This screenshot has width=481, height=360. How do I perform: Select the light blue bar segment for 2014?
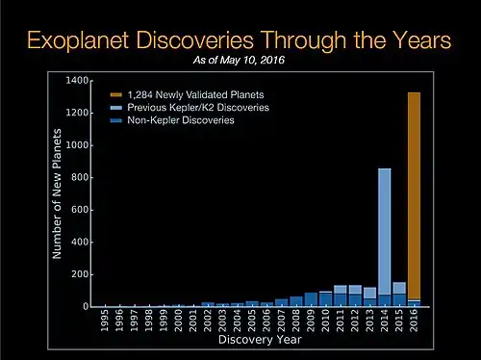384,231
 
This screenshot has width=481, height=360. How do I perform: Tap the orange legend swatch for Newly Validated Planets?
115,94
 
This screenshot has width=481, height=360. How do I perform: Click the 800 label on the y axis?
81,177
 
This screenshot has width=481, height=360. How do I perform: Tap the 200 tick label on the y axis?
81,274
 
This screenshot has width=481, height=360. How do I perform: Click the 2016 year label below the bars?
414,321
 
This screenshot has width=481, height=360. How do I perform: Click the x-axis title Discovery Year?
259,340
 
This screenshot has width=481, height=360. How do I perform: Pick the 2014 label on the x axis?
384,321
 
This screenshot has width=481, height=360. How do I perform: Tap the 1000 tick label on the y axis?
79,144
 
